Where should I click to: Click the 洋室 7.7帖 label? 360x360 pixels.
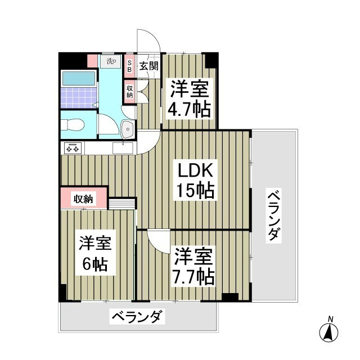192,265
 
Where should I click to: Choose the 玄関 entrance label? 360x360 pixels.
149,66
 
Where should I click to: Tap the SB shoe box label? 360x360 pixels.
129,66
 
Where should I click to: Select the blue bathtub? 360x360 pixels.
78,78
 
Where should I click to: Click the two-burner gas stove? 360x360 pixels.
73,148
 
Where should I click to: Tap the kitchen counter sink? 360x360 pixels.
123,148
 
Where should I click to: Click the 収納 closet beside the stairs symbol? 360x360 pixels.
83,198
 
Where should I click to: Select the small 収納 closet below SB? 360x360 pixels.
129,91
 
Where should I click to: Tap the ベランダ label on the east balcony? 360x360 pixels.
273,215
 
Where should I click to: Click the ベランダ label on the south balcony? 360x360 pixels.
137,318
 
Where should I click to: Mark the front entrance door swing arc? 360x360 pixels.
149,40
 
